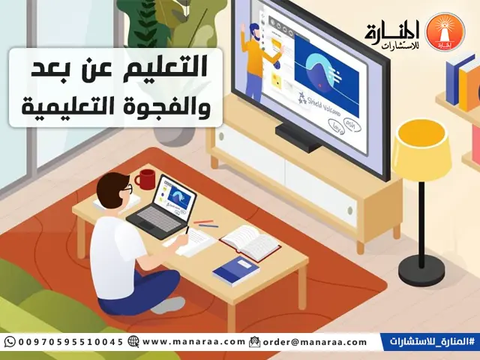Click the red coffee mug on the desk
tap(145, 179)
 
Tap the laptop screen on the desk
tap(175, 197)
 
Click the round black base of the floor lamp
tap(421, 271)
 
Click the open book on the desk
tap(249, 241)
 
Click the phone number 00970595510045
tap(70, 342)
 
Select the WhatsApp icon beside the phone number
tap(10, 342)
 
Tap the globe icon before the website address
tap(133, 342)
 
